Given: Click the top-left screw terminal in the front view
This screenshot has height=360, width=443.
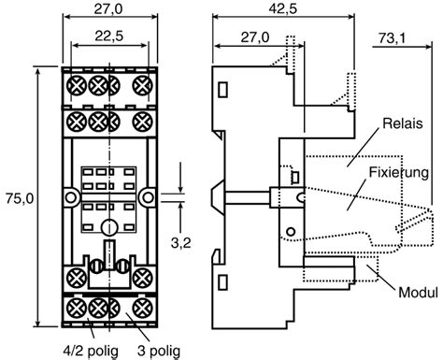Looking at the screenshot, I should pyautogui.click(x=75, y=86).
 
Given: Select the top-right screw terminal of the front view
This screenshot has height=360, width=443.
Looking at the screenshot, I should pyautogui.click(x=142, y=86).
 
